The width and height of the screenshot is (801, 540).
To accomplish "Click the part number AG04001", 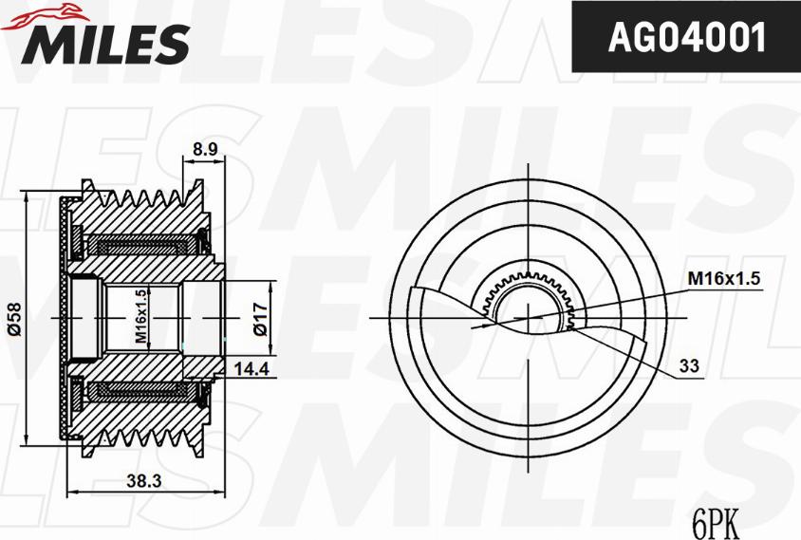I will pos(685,39).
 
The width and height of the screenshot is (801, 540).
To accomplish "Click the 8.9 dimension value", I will pos(205,149).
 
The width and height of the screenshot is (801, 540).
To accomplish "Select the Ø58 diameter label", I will pos(13,316).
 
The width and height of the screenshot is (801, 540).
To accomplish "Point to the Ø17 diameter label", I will pos(258,316).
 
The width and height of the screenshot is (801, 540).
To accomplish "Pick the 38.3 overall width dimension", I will pos(143,481).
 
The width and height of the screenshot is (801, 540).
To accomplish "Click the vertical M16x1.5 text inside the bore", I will pos(140,316).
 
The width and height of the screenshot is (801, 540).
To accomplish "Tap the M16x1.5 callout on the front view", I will pos(724,278).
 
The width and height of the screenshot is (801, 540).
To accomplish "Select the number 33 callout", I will pos(691,363).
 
